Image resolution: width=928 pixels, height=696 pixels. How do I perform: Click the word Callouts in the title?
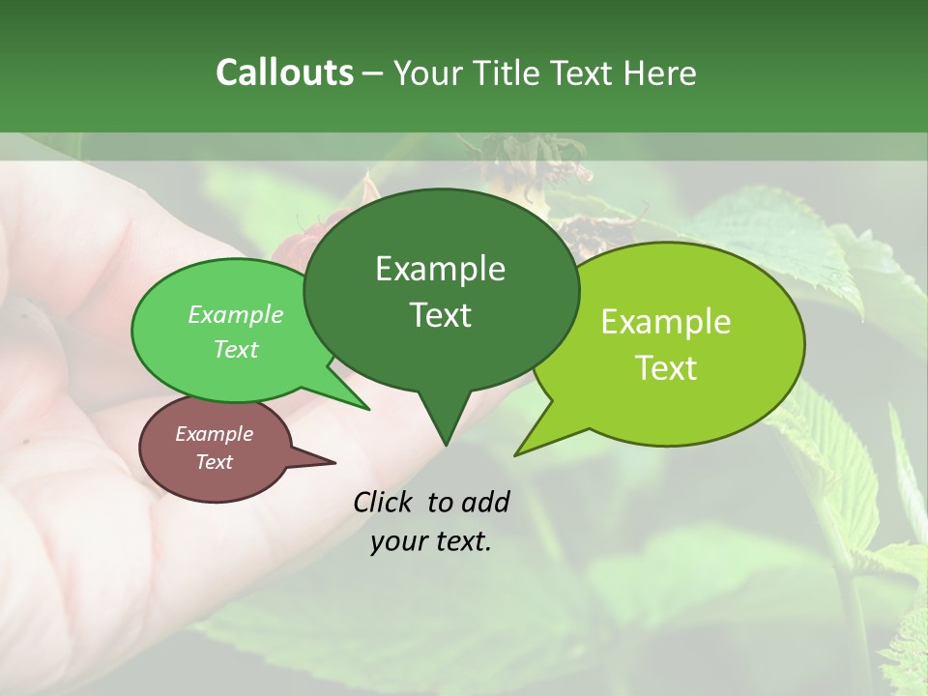[284, 72]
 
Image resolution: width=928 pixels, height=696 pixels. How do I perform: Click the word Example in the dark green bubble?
[440, 269]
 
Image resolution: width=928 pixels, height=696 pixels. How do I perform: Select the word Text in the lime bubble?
[666, 368]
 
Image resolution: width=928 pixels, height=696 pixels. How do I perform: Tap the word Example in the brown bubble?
[214, 434]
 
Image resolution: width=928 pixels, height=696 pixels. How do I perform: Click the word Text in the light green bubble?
[236, 349]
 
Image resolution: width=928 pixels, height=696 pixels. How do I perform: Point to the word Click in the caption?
[385, 502]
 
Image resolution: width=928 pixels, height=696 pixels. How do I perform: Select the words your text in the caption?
[431, 542]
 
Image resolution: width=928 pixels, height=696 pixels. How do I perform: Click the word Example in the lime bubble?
[666, 322]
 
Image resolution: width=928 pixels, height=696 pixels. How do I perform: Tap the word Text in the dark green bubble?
[440, 315]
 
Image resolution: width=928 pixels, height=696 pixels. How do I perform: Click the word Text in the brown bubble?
[214, 462]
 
